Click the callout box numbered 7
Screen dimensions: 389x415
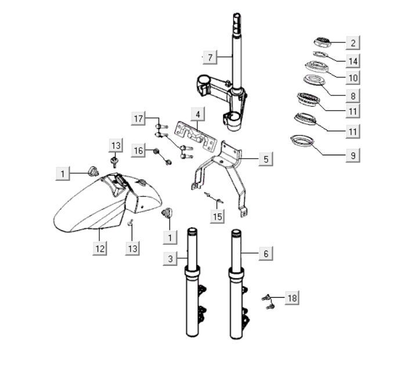coord(210,57)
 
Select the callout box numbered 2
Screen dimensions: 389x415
coord(352,42)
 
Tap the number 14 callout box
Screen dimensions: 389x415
coord(352,60)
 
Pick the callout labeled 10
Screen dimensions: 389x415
coord(352,77)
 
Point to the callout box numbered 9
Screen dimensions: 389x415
coord(352,155)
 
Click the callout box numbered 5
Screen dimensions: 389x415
coord(265,158)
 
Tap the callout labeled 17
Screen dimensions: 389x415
coord(138,119)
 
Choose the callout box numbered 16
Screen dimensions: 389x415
coord(138,151)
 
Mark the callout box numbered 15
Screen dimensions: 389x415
coord(217,217)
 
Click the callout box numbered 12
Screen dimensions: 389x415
coord(100,249)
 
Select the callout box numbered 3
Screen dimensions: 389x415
coord(170,259)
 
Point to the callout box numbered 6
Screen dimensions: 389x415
coord(265,254)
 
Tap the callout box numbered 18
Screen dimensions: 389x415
coord(291,298)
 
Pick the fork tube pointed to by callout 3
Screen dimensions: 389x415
coord(193,302)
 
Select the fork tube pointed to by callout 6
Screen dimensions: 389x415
coord(236,302)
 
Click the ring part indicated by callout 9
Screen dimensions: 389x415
coord(302,141)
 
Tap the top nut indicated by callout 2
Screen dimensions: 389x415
coord(322,41)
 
